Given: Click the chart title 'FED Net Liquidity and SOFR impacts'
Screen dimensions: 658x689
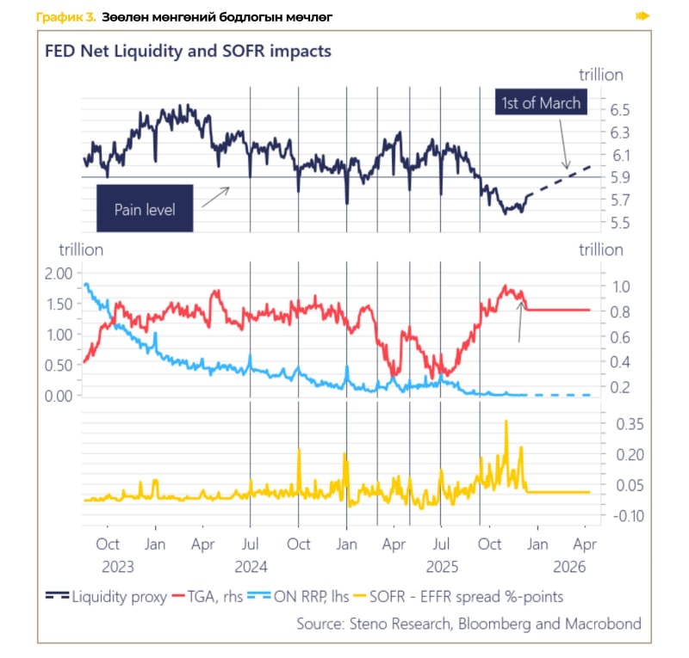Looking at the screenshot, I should point(188,51).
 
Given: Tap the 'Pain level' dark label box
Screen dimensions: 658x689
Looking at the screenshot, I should point(145,209).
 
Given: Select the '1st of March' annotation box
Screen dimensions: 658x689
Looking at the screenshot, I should point(541,103).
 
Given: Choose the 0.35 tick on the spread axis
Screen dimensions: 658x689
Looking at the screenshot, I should point(624,423).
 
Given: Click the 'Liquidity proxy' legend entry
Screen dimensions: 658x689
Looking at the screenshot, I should point(108,596).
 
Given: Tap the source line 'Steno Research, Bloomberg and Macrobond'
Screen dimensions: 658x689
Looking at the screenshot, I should point(469,622).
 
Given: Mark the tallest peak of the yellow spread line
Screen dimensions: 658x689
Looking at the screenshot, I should point(506,422).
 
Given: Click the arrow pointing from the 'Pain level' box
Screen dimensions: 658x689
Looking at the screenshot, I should point(215,198).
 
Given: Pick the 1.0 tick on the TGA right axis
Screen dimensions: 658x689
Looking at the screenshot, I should point(621,286).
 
